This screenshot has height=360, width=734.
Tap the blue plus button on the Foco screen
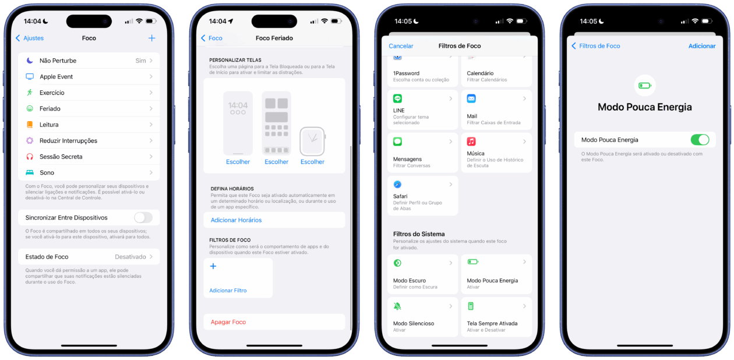click(151, 38)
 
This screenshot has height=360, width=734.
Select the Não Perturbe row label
click(58, 61)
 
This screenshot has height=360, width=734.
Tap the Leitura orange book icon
click(30, 125)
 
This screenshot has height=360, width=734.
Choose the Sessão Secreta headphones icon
click(30, 157)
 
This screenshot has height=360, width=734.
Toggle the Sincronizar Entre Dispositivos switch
click(143, 217)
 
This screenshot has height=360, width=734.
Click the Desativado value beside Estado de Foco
click(130, 257)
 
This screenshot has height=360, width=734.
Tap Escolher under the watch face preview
click(312, 162)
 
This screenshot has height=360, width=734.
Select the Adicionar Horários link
click(237, 220)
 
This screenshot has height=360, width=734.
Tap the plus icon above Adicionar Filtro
click(213, 266)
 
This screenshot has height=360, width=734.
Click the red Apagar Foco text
click(228, 322)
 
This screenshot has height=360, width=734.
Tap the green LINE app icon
click(397, 98)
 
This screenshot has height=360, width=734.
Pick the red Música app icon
click(471, 141)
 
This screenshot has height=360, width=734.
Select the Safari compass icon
click(397, 185)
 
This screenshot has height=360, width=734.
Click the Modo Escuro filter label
click(410, 280)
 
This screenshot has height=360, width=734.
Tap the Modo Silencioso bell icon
click(397, 306)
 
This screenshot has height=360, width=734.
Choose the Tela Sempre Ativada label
click(492, 323)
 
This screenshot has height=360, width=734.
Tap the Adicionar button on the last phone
click(702, 46)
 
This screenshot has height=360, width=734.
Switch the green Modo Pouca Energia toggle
click(700, 140)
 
